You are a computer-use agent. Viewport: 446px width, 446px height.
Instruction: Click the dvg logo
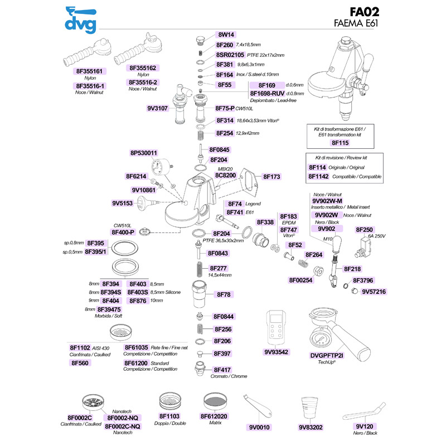point(81,20)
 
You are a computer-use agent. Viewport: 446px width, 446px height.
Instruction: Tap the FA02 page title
point(365,12)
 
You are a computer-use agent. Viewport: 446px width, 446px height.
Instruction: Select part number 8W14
point(226,35)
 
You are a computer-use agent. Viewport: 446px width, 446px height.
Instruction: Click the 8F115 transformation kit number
point(340,143)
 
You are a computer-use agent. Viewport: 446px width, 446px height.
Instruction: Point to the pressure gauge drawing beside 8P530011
point(158,168)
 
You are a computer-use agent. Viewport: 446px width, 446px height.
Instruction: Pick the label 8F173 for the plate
point(272,177)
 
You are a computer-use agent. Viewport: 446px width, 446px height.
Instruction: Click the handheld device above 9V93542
point(275,328)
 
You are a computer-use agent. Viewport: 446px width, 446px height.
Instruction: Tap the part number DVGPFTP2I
point(327,356)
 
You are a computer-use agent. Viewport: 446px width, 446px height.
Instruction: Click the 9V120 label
point(365,426)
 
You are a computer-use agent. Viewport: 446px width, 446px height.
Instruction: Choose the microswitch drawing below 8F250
point(363,248)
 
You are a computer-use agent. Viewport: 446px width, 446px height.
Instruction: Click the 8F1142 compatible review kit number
point(318,177)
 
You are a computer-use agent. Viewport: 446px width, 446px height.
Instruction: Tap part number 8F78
point(224,295)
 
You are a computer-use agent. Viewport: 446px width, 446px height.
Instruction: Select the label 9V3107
point(157,108)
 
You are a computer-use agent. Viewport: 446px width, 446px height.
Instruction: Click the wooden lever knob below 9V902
point(337,244)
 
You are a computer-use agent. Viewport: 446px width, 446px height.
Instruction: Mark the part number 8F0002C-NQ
point(123,426)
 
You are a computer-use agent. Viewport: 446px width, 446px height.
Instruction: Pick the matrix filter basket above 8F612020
point(215,402)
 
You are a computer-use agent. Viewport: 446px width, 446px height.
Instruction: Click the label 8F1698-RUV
point(267,94)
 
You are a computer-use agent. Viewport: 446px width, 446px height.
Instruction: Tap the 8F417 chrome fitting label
point(222,370)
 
